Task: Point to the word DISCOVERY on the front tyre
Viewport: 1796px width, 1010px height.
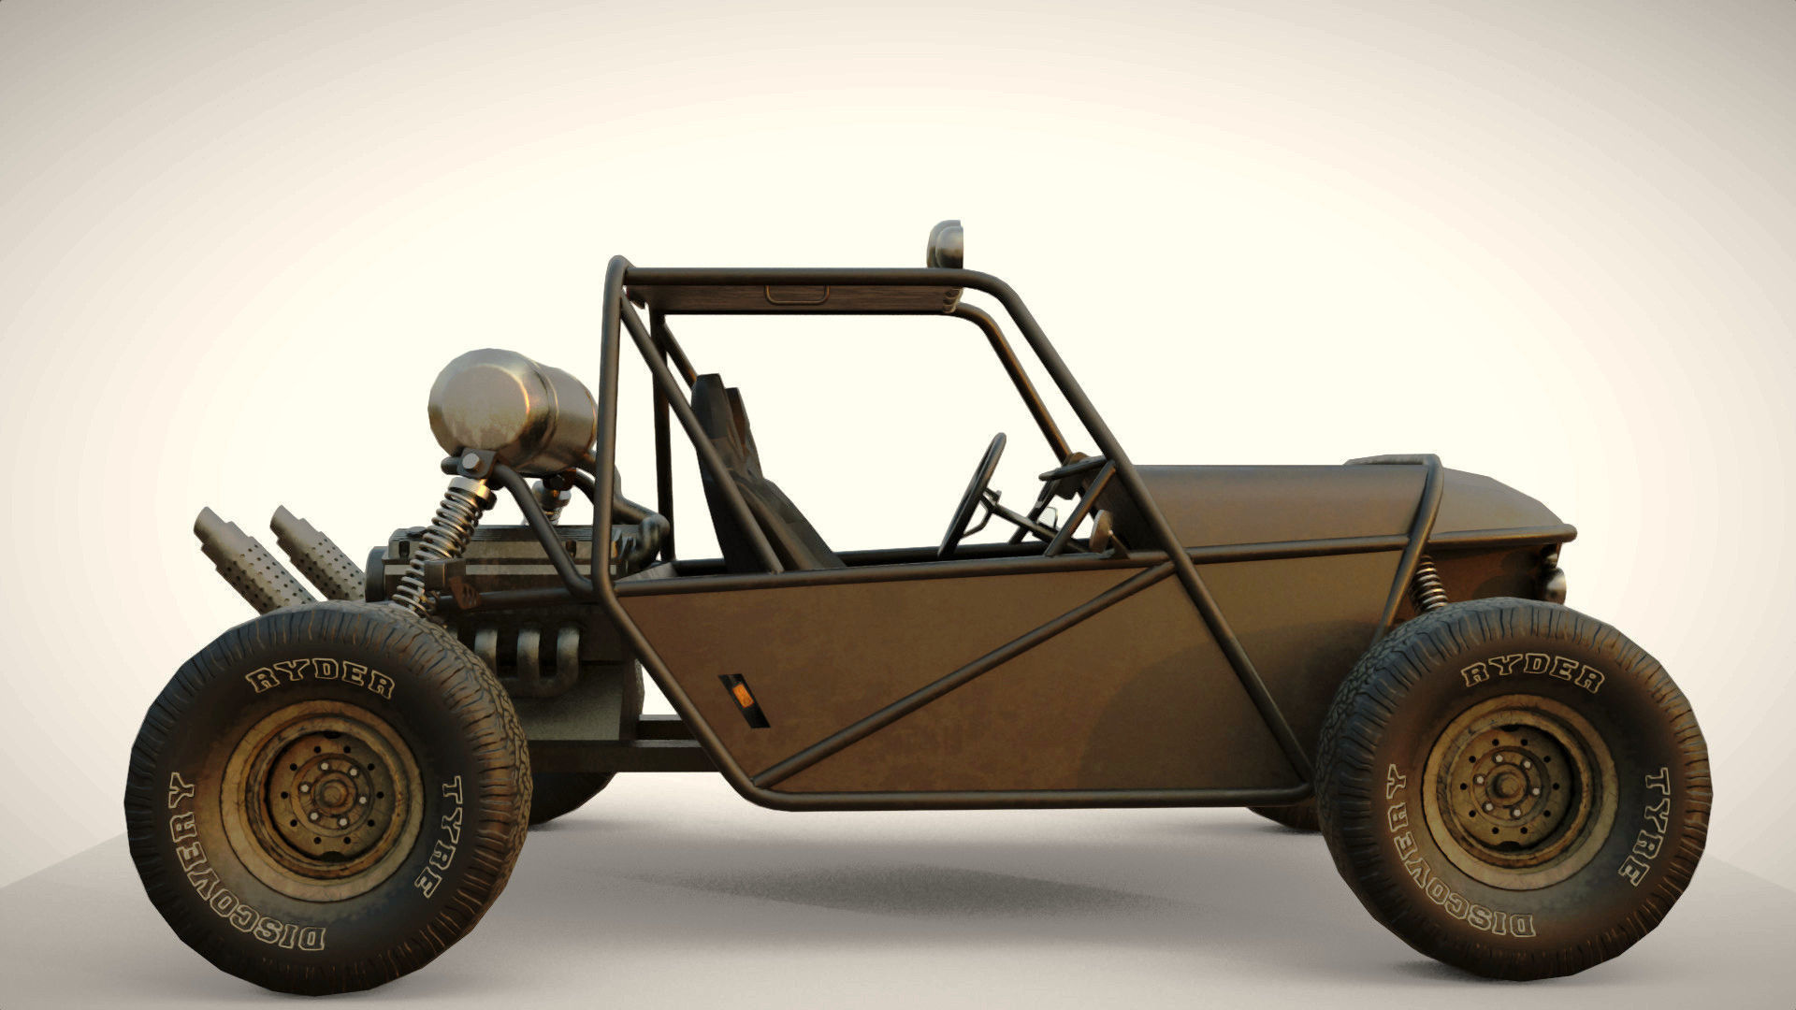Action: point(1445,871)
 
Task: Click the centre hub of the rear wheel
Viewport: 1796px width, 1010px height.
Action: point(329,793)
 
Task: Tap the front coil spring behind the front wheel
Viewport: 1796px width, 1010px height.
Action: point(1428,584)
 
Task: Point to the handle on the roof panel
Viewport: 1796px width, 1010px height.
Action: point(796,295)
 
